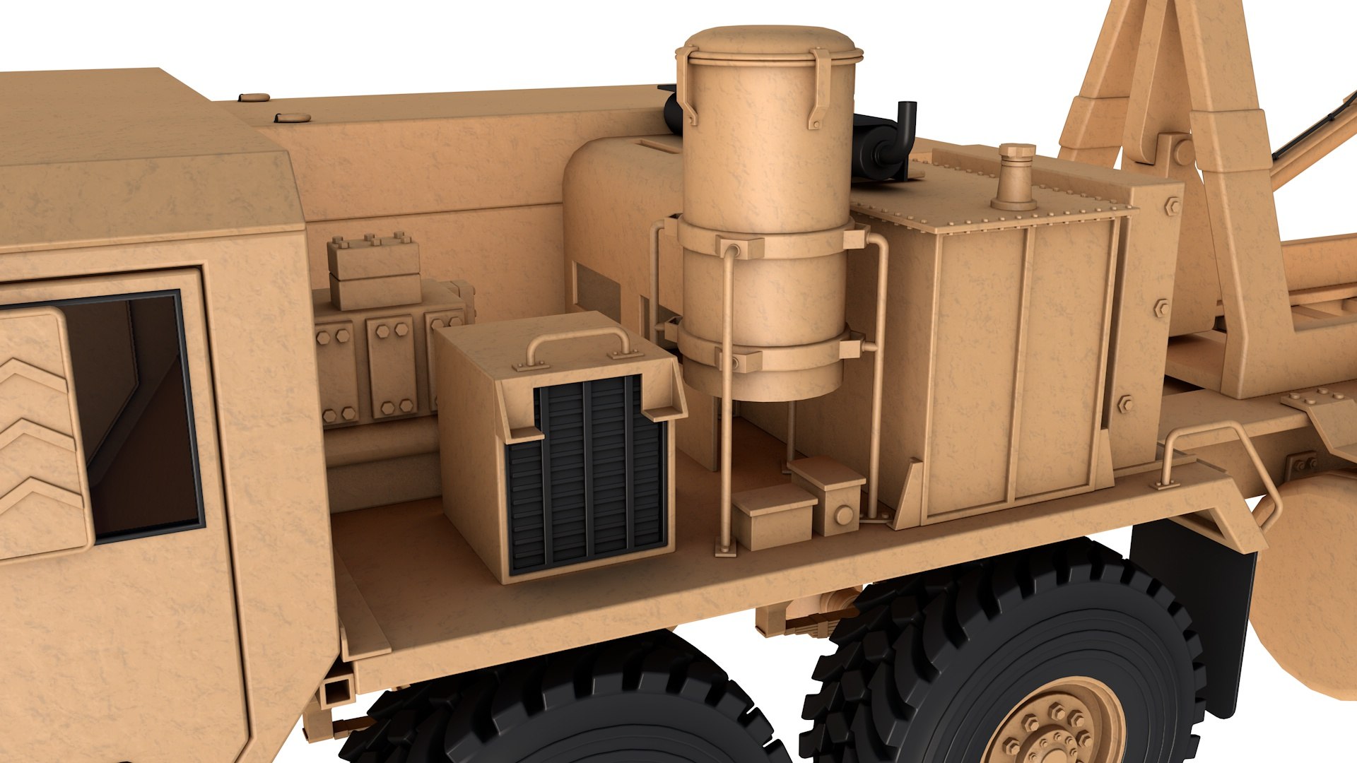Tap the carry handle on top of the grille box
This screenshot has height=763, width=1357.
pos(578,337)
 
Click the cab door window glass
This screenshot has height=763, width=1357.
pos(134,417)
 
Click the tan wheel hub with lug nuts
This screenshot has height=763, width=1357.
pos(1053,728)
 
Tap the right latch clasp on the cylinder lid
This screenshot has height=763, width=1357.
pos(820,88)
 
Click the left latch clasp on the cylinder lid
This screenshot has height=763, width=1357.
pos(686,85)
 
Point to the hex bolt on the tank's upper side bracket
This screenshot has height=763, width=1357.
pos(1172,207)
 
